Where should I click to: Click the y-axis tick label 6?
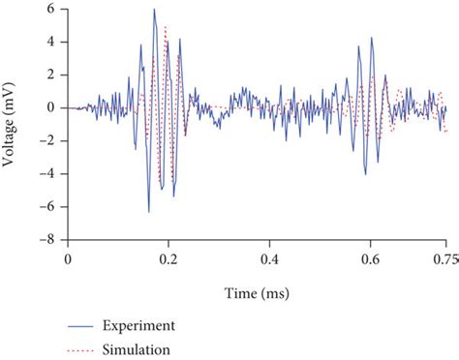[x=50, y=9]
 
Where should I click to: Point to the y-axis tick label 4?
[x=50, y=42]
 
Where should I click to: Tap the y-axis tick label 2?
[x=50, y=75]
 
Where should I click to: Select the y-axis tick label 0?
[x=50, y=107]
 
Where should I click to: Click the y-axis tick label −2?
[x=47, y=140]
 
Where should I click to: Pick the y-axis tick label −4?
[x=47, y=173]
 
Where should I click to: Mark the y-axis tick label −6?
[x=47, y=206]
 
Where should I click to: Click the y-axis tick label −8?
[x=47, y=239]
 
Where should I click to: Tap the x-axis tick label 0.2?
[x=168, y=259]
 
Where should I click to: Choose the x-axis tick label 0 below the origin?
[x=67, y=259]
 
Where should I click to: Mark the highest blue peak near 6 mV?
[x=154, y=11]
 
